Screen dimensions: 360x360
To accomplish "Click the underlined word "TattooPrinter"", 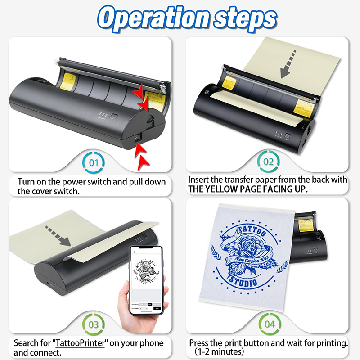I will (x=80, y=343).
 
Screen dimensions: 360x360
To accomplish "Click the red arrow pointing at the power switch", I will (x=144, y=153).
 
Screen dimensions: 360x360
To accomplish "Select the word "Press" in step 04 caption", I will (x=200, y=343).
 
